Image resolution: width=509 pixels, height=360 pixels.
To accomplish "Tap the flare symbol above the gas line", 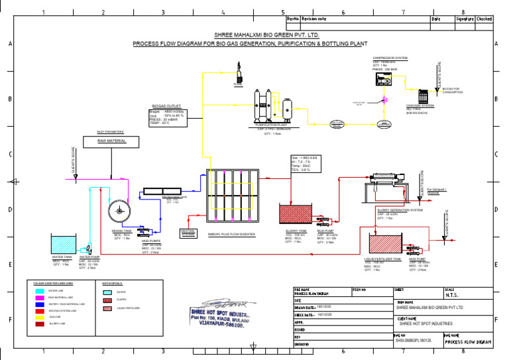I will pyautogui.click(x=238, y=73).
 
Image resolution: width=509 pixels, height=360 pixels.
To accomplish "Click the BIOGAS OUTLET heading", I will pyautogui.click(x=166, y=105).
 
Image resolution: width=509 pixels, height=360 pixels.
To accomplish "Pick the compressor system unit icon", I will pyautogui.click(x=384, y=79).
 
